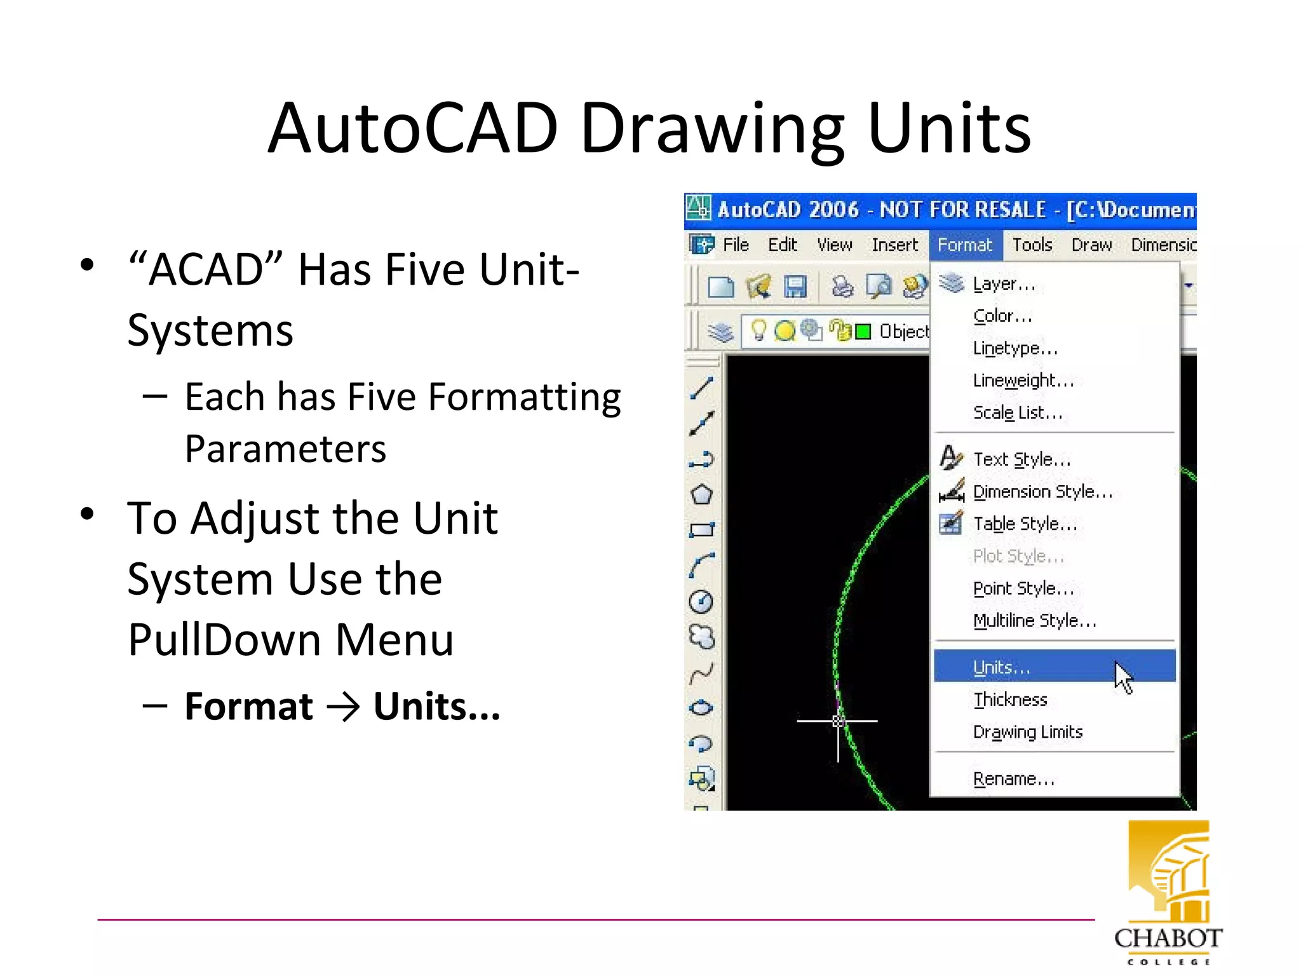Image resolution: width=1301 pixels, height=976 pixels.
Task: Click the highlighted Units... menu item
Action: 1001,667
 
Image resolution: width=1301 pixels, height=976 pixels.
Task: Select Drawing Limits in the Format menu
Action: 1027,732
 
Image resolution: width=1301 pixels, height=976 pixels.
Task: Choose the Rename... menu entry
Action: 1013,778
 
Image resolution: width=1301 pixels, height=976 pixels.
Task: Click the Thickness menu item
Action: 1010,700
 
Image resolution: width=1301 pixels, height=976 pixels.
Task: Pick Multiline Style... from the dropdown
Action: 1034,620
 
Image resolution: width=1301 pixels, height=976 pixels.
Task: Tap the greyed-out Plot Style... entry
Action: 1018,556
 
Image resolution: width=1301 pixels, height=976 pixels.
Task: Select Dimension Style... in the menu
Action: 1042,491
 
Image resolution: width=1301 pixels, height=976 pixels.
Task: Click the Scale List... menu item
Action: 1017,412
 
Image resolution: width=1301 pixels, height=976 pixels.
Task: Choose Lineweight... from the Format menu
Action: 1023,380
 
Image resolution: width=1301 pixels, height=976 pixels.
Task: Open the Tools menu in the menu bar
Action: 1032,245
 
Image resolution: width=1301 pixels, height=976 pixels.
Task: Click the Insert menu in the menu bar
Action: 894,245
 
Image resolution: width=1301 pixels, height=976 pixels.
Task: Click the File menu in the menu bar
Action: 736,245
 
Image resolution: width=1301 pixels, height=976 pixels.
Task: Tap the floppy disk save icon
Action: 795,287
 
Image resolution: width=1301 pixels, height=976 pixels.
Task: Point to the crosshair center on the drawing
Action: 838,721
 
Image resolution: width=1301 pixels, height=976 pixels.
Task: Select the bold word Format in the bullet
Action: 248,706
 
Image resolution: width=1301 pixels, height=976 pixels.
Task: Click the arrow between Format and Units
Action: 343,707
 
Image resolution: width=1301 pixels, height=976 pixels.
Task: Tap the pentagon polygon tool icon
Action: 701,494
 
